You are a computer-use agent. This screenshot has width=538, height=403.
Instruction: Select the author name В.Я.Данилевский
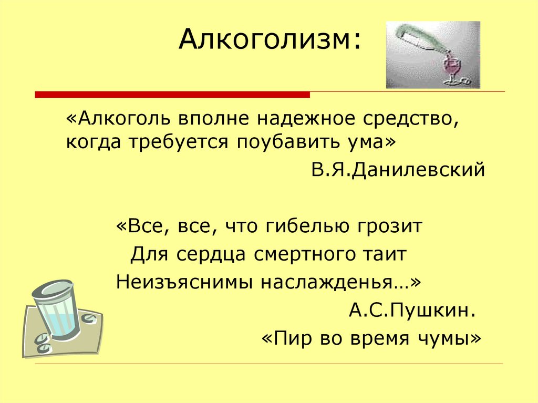click(397, 170)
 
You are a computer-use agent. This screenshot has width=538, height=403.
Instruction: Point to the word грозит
click(391, 228)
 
